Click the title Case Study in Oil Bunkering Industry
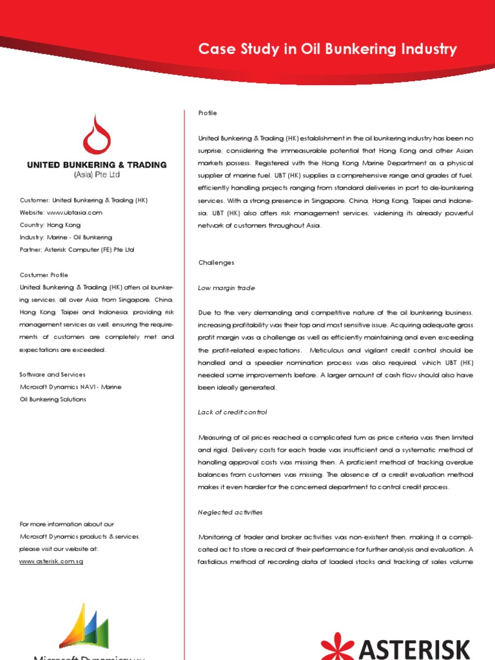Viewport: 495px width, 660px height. [327, 50]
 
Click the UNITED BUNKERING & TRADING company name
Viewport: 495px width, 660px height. [97, 165]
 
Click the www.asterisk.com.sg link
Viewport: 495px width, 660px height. [52, 561]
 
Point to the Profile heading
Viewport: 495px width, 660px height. [208, 113]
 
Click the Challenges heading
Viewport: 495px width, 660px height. [216, 263]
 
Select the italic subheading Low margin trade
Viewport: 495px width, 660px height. [226, 288]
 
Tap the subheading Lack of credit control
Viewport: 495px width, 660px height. [232, 412]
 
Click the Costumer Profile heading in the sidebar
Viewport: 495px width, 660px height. [44, 275]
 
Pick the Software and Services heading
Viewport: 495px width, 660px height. [53, 374]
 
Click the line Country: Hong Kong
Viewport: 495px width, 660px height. [50, 225]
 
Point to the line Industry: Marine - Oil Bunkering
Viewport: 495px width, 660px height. [66, 237]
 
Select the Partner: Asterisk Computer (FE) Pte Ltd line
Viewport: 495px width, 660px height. [77, 249]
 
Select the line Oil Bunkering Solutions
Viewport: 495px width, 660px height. [53, 400]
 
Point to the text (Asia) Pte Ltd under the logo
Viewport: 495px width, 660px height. [97, 175]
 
